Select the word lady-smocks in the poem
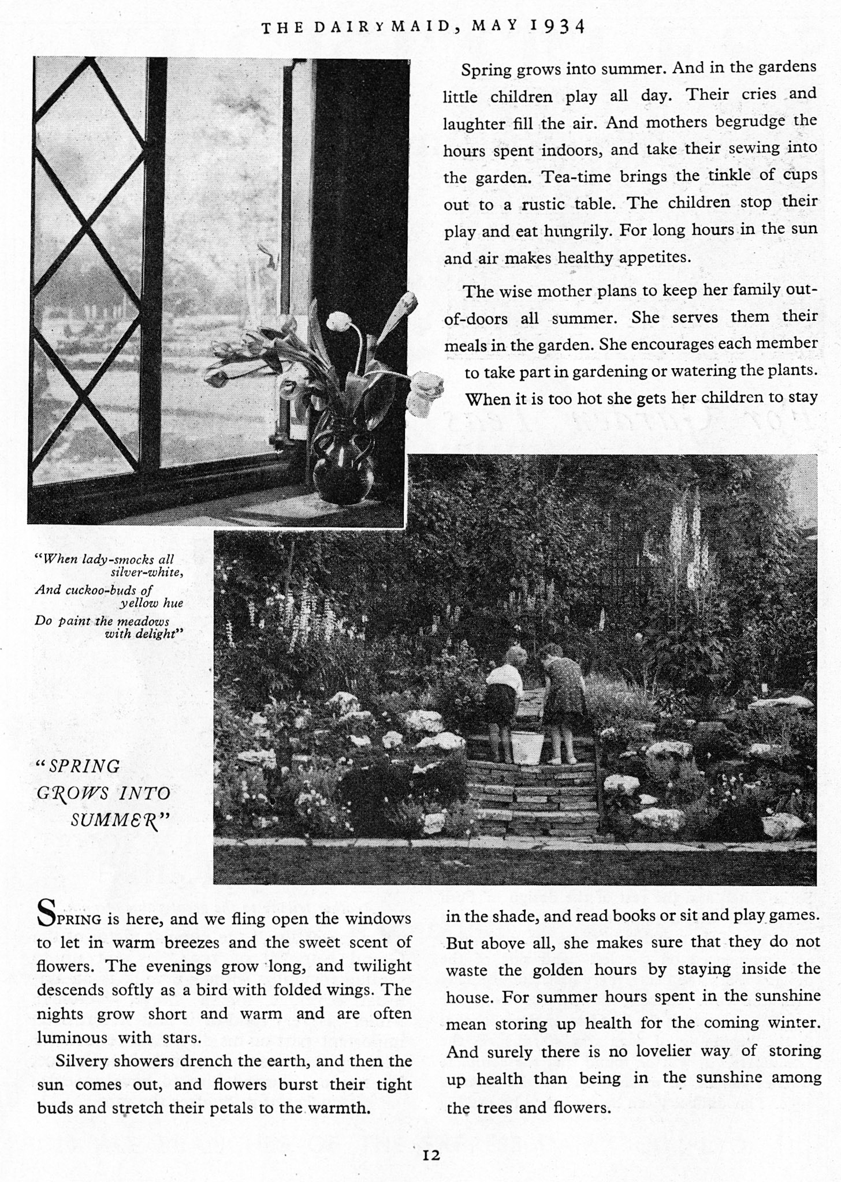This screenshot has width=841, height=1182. [x=124, y=559]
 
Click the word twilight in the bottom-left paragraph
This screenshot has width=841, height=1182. [x=381, y=966]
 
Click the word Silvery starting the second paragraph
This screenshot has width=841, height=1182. [x=80, y=1061]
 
